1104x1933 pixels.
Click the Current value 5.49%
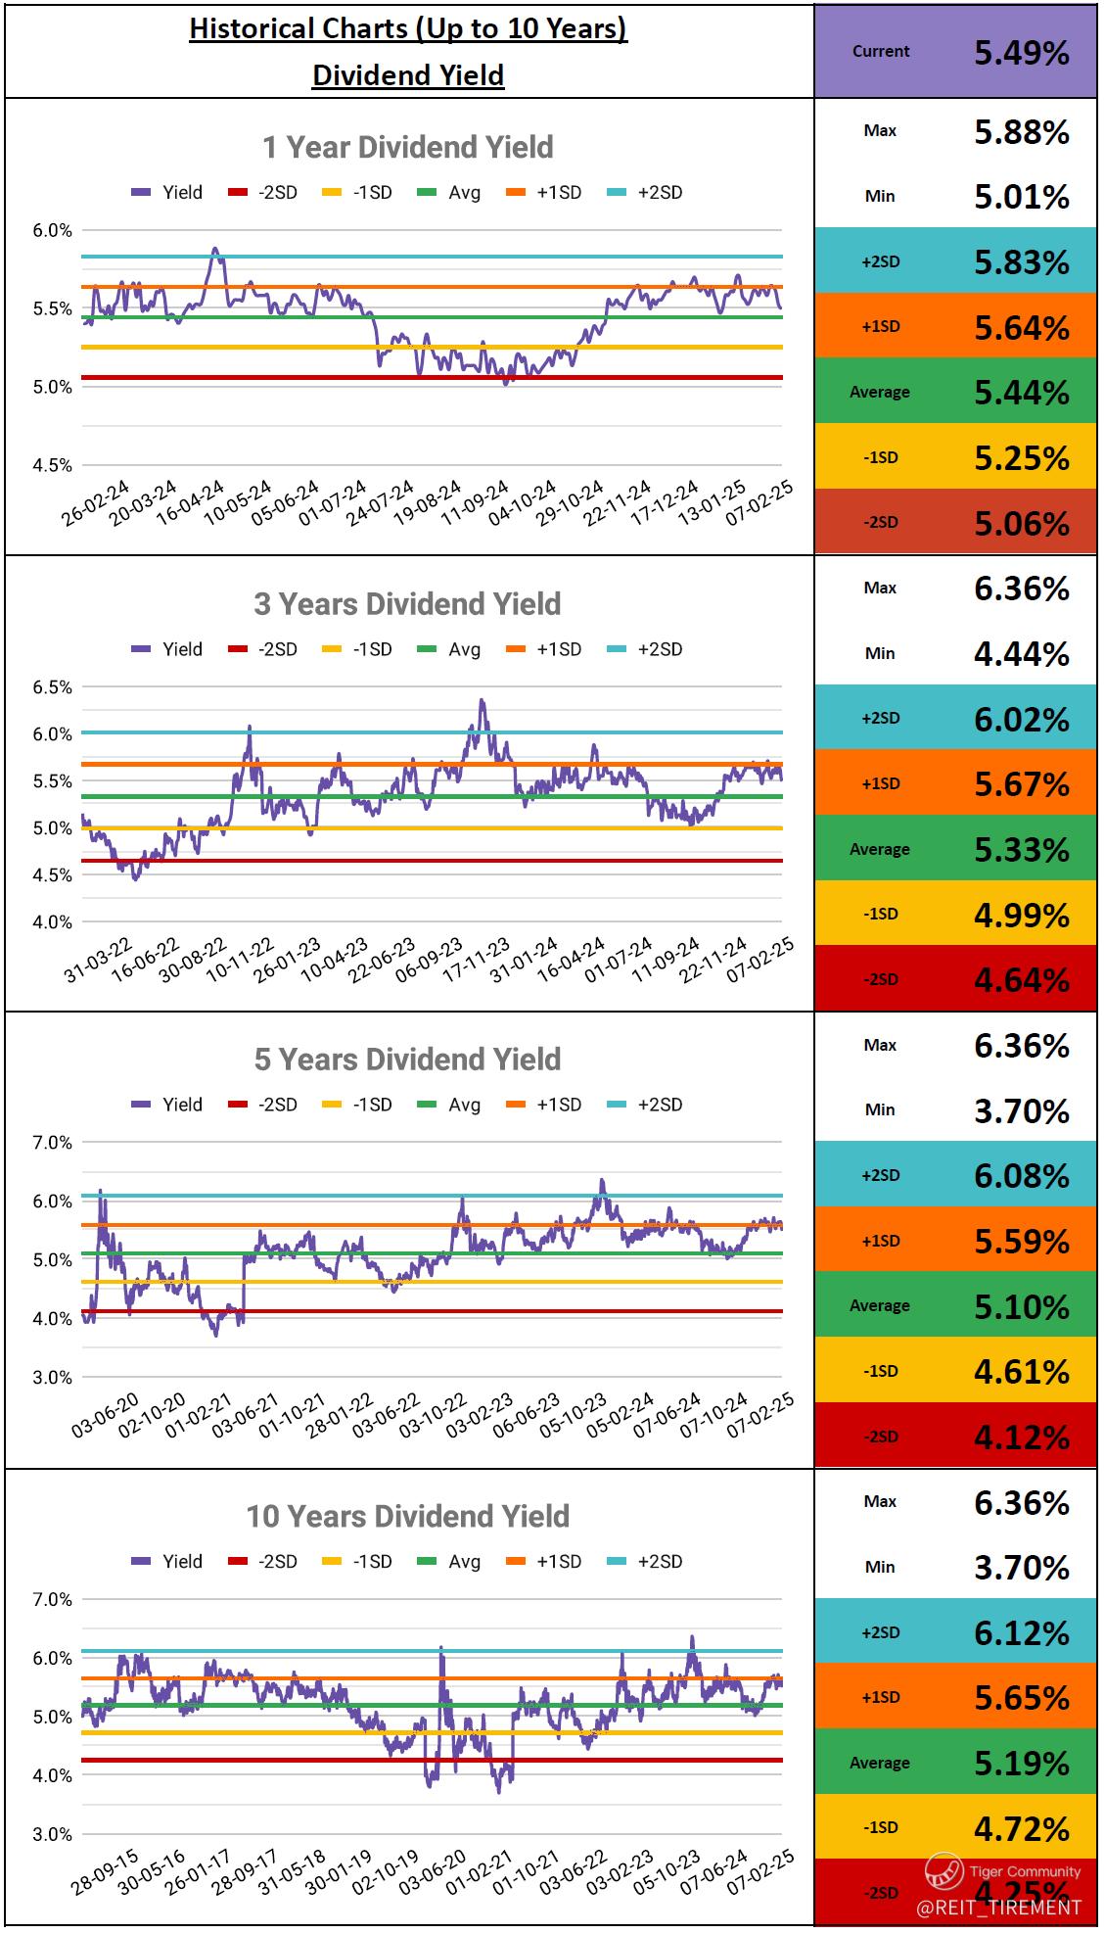1021,53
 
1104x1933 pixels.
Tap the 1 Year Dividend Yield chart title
407,148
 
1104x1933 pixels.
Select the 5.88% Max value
1021,132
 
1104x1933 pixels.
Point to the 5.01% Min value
1021,197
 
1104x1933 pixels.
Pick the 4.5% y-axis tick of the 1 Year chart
53,465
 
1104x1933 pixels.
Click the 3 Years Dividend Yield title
407,604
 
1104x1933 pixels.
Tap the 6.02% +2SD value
1021,720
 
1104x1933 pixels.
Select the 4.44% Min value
1021,654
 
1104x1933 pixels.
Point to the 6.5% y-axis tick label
53,687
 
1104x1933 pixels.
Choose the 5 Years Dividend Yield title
407,1060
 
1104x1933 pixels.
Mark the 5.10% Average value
1021,1306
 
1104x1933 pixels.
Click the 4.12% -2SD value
1021,1438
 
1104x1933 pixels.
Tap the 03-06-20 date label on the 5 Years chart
106,1415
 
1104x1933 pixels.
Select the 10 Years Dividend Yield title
407,1517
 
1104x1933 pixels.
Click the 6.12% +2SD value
1021,1633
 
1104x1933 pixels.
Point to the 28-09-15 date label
106,1872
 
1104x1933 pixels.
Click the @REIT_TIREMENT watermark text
998,1908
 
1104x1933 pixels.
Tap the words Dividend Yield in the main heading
407,75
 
